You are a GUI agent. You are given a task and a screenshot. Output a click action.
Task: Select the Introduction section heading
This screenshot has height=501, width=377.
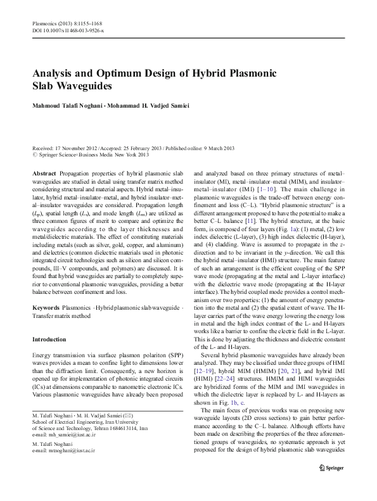pyautogui.click(x=52, y=340)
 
